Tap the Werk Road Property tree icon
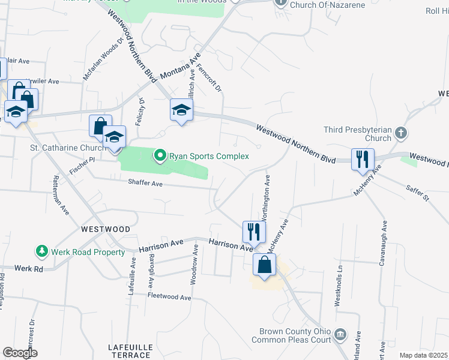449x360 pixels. tap(42, 251)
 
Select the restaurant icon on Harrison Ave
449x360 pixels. tap(254, 232)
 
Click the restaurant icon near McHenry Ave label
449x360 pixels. tap(363, 160)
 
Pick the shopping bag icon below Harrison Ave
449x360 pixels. tap(264, 265)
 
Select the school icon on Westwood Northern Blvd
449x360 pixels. tap(181, 110)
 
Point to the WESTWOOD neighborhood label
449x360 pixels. tap(106, 229)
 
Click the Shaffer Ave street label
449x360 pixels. tap(145, 184)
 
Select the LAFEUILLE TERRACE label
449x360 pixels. tap(128, 351)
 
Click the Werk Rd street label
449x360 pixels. tap(29, 269)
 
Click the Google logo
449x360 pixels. tap(20, 353)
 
